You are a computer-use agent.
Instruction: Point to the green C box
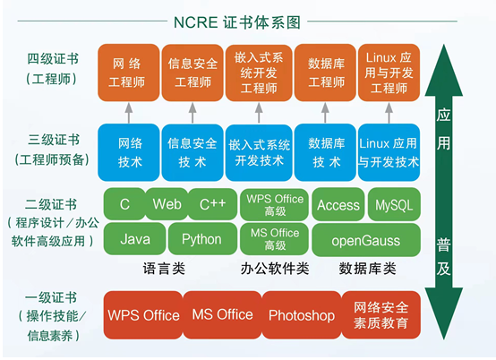coord(124,205)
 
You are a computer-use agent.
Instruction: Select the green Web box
coord(167,205)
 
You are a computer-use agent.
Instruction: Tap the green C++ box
coord(212,205)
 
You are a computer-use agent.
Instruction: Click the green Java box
coord(135,239)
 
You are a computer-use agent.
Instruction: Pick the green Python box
coord(201,239)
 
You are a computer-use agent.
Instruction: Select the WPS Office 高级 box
coord(275,205)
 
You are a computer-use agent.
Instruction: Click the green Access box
coord(338,205)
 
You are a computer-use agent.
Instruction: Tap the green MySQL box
coord(394,205)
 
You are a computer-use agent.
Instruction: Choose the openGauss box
coord(366,239)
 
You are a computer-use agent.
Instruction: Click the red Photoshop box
coord(301,315)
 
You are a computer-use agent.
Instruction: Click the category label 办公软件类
coord(275,269)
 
